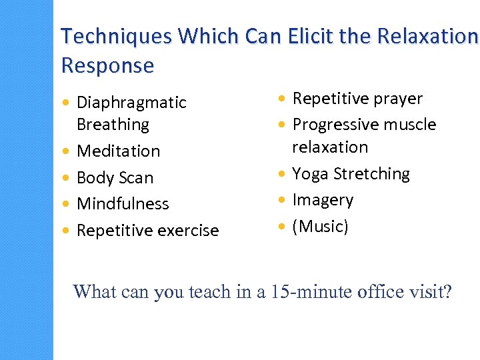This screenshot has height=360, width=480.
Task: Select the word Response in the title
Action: [107, 65]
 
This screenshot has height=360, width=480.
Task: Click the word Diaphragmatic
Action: [131, 103]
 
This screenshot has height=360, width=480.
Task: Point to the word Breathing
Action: [113, 125]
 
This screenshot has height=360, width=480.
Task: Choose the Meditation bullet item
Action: [118, 151]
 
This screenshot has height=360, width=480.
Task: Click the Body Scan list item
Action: [115, 178]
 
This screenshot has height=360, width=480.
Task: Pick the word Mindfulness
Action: [123, 204]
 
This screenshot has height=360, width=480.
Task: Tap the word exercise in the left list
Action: [184, 231]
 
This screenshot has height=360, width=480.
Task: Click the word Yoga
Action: [310, 174]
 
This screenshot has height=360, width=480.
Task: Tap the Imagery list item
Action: [323, 200]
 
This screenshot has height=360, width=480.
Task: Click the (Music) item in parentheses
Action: [320, 227]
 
